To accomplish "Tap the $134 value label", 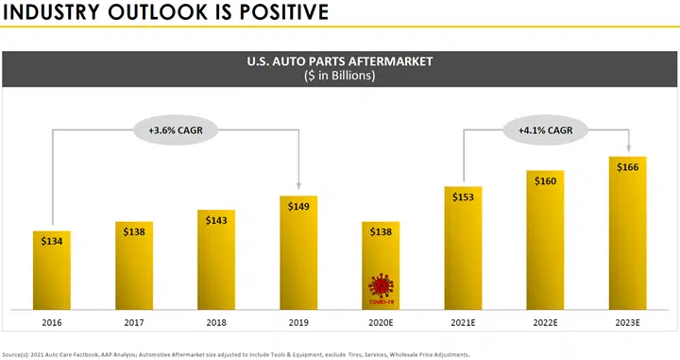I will click(x=52, y=241).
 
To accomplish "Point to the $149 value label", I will click(x=298, y=207).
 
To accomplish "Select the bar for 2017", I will click(x=134, y=269).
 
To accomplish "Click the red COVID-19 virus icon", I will click(x=382, y=288).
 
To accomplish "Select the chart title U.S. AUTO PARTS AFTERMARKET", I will click(x=339, y=62).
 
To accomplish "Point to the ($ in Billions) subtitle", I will click(x=339, y=77).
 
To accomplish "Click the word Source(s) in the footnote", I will click(x=20, y=354).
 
